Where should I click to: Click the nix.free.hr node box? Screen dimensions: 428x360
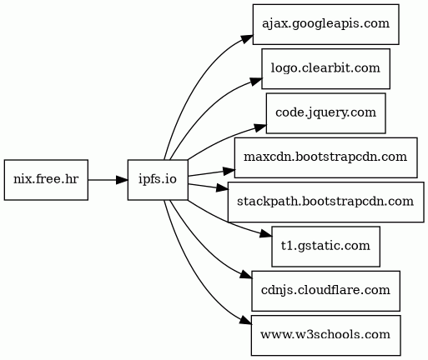pyautogui.click(x=46, y=180)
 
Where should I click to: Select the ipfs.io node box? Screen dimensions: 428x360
pyautogui.click(x=158, y=180)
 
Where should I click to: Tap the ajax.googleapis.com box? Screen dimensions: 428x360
pyautogui.click(x=325, y=24)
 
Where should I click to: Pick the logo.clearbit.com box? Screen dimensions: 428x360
pyautogui.click(x=325, y=68)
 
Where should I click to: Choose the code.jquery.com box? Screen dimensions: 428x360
pyautogui.click(x=325, y=113)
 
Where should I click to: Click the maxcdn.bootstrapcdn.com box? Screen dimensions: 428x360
pyautogui.click(x=325, y=157)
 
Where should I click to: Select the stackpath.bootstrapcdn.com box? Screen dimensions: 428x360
pyautogui.click(x=325, y=202)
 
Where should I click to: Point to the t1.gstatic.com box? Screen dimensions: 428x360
pyautogui.click(x=325, y=247)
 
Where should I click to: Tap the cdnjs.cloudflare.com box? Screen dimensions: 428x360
pyautogui.click(x=325, y=291)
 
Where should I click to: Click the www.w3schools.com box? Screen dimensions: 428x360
pyautogui.click(x=325, y=335)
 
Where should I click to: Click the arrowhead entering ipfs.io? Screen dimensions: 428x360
pyautogui.click(x=122, y=180)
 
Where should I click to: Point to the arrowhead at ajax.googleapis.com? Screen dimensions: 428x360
pyautogui.click(x=247, y=39)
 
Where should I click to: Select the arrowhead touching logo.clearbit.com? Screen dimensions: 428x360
pyautogui.click(x=256, y=82)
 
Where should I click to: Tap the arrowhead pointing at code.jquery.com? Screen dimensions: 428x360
pyautogui.click(x=260, y=127)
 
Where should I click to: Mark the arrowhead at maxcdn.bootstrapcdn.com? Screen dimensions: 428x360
pyautogui.click(x=229, y=171)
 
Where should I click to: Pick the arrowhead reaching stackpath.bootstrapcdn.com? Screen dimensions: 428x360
pyautogui.click(x=223, y=188)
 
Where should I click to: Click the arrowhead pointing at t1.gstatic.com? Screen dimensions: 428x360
pyautogui.click(x=266, y=234)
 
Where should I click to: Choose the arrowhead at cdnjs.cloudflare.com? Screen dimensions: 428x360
pyautogui.click(x=246, y=275)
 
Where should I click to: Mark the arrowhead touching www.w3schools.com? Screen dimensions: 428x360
pyautogui.click(x=245, y=321)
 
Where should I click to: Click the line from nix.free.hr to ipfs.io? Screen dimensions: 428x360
pyautogui.click(x=103, y=180)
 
